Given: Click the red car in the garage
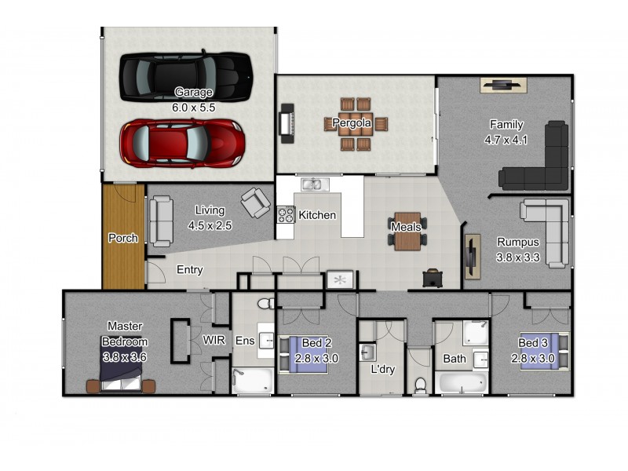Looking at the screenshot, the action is click(x=183, y=143).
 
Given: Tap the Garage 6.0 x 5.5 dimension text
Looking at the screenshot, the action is click(x=193, y=108).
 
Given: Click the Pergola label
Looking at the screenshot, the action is click(x=352, y=122).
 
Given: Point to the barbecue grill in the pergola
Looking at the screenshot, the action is click(x=287, y=123).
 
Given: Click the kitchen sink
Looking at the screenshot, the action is click(x=315, y=184).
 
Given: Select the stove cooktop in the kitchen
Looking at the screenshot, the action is click(x=286, y=214).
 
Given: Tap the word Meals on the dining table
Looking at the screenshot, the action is click(x=406, y=227).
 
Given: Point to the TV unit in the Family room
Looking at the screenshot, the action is click(x=503, y=85).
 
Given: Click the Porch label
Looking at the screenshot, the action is click(x=123, y=238).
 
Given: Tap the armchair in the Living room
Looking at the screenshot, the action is click(x=256, y=203).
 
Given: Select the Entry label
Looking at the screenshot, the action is click(x=189, y=269).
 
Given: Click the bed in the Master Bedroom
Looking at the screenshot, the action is click(x=121, y=371).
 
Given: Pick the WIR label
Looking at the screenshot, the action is click(x=214, y=340).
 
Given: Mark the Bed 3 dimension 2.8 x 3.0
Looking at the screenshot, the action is click(x=533, y=358).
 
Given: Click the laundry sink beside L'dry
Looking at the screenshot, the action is click(x=367, y=352).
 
